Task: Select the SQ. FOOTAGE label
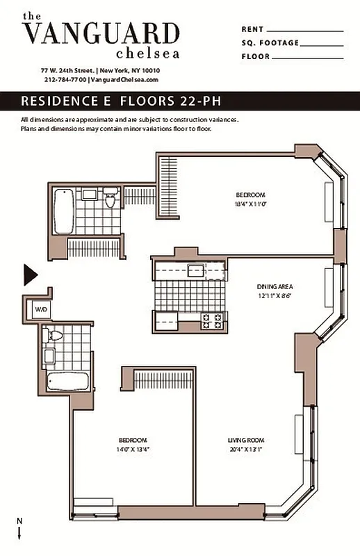click(x=270, y=43)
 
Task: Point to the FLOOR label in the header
click(x=256, y=56)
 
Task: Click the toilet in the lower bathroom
click(x=53, y=336)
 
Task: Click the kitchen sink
click(x=195, y=270)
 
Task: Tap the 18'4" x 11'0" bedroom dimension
click(x=250, y=204)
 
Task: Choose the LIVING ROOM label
click(x=245, y=440)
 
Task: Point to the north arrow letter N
click(x=19, y=521)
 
